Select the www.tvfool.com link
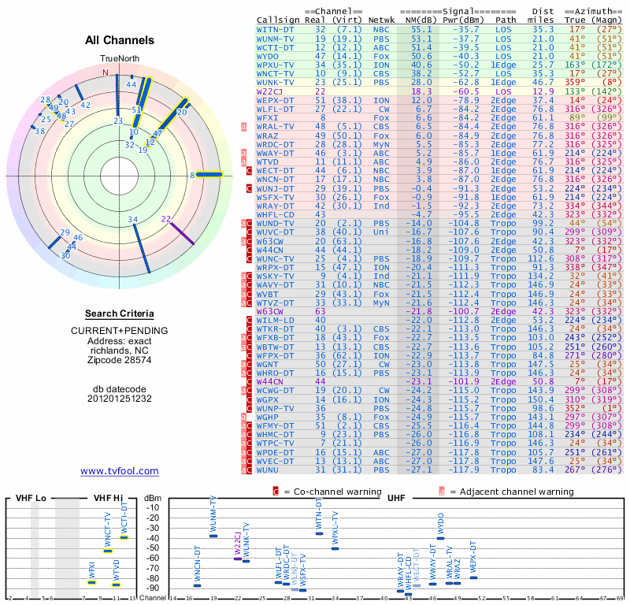click(x=120, y=471)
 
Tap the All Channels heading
click(x=120, y=40)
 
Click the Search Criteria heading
click(x=120, y=314)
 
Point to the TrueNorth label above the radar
click(x=119, y=59)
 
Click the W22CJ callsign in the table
click(x=270, y=91)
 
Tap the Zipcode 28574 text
click(x=120, y=360)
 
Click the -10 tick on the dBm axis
click(x=153, y=507)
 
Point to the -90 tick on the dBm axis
click(x=153, y=588)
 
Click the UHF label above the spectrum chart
click(x=395, y=498)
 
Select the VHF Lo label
click(x=31, y=498)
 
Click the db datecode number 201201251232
click(x=120, y=398)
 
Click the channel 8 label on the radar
click(x=192, y=175)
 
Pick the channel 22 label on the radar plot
click(x=166, y=219)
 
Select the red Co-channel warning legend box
click(x=276, y=491)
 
